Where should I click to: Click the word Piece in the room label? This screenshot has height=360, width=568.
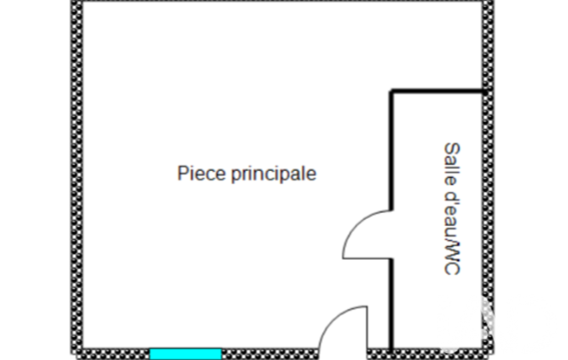coord(201,173)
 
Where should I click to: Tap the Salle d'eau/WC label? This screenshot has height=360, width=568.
coord(452,209)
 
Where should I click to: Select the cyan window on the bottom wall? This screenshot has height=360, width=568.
coord(186,354)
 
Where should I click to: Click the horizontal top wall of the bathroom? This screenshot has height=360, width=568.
coord(437,91)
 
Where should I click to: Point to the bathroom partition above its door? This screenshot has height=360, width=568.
coord(391,150)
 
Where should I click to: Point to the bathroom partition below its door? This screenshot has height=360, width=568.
coord(391,304)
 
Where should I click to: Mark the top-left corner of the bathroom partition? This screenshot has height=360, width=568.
coord(391,90)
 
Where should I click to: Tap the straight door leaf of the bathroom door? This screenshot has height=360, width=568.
coord(367,258)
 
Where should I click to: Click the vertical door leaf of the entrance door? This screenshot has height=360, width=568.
coord(367,328)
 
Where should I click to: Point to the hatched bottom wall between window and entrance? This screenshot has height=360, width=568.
coord(270,354)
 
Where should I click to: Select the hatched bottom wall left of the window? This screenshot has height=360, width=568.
coord(116,354)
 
